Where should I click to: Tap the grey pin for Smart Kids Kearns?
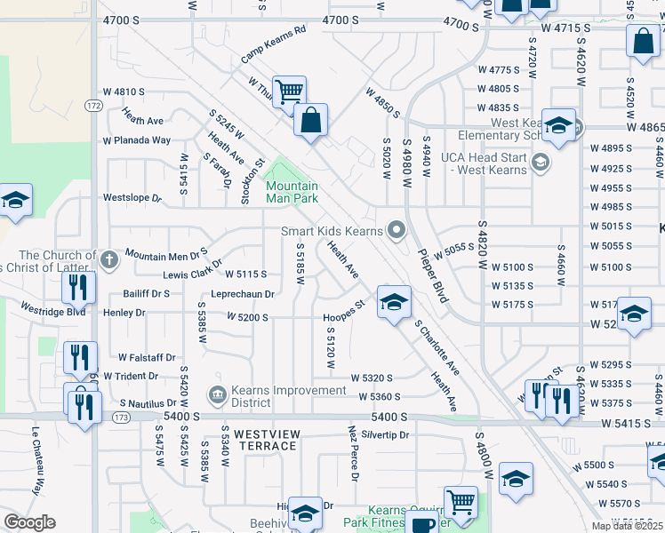pos(396,232)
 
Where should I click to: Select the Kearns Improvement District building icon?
pos(216,394)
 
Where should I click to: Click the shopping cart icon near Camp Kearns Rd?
pos(289,91)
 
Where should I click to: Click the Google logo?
pos(29,522)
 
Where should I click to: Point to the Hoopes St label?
pos(344,311)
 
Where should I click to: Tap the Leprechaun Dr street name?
pos(243,294)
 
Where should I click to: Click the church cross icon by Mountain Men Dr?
pos(108,260)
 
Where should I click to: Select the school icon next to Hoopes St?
pos(394,302)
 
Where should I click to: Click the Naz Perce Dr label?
pos(353,456)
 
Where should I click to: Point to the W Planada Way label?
pos(136,140)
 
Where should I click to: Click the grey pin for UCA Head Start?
pos(541,162)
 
